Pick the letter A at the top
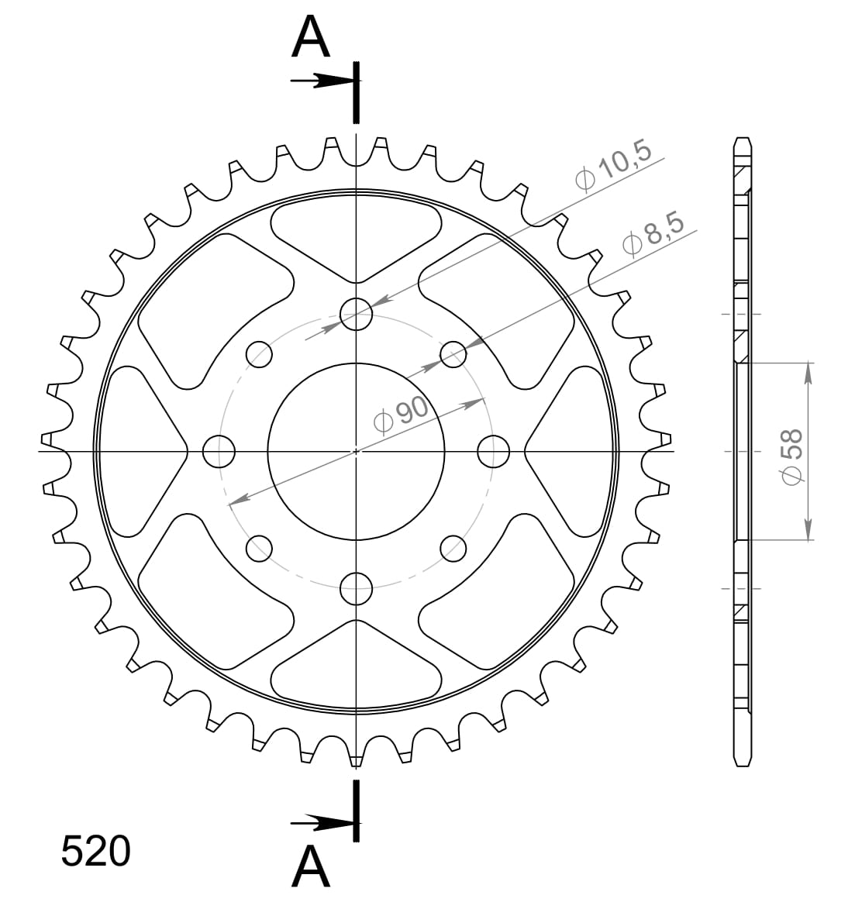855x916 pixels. coord(311,39)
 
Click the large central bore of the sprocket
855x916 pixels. coord(356,451)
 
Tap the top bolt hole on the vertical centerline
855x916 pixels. coord(356,314)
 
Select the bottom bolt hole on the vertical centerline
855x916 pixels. coord(356,587)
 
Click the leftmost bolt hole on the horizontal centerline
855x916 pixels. coord(219,451)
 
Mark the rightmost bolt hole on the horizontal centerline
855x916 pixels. coord(493,451)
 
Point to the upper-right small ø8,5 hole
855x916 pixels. coord(453,355)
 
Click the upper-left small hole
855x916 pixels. coord(259,355)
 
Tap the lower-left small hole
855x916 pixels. coord(259,548)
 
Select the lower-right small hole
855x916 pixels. coord(453,548)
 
